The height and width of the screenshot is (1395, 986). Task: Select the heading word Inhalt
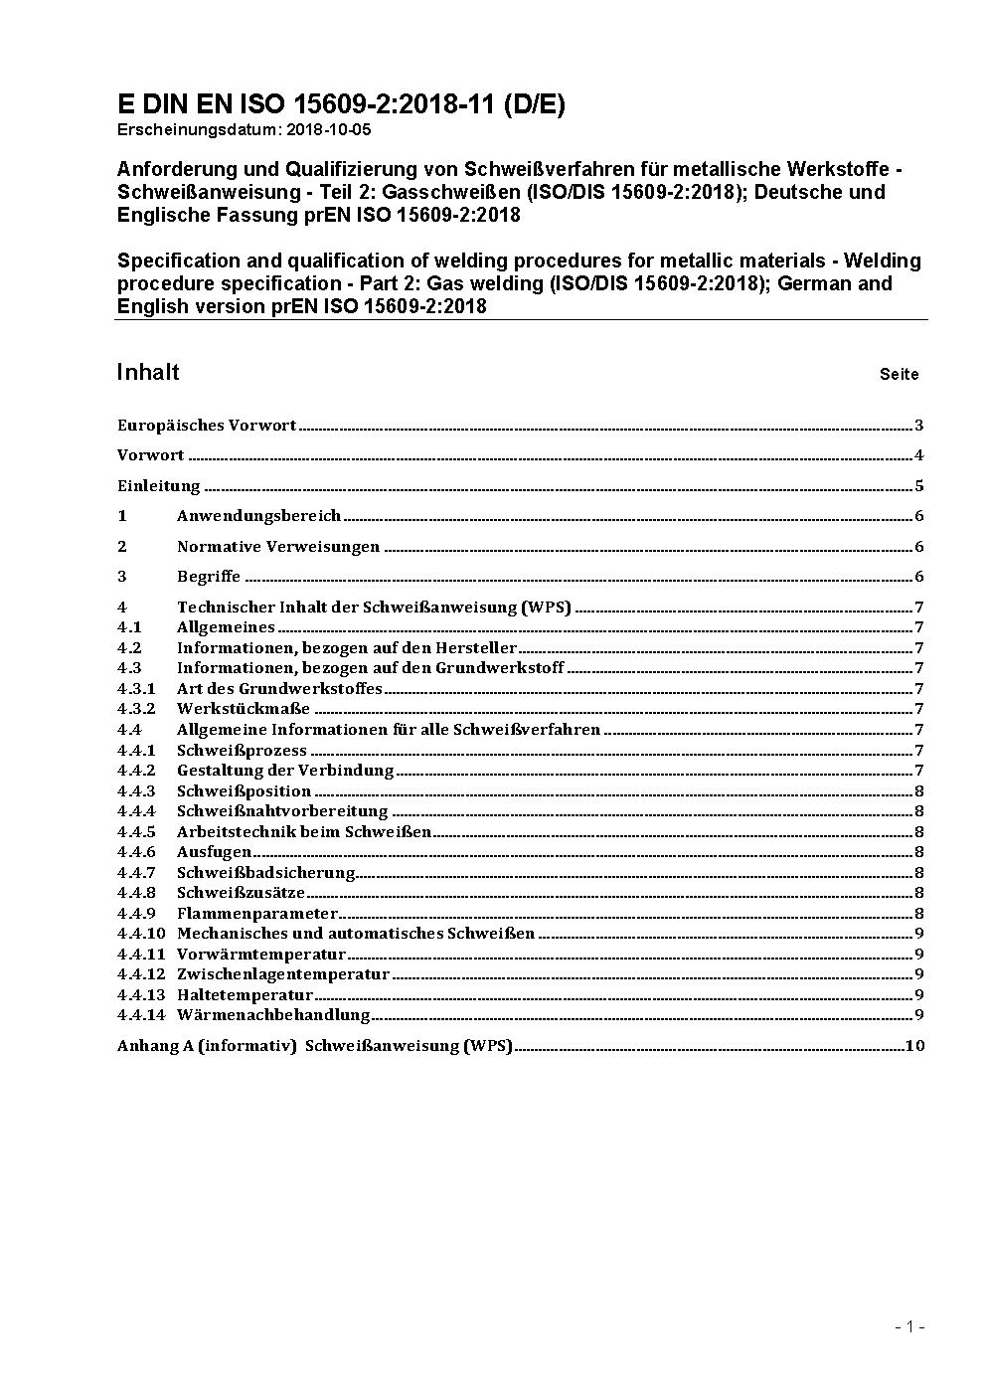click(148, 372)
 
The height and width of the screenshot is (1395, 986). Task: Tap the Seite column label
click(899, 375)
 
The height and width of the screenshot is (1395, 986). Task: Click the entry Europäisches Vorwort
click(207, 426)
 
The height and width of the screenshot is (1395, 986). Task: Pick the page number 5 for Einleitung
click(919, 486)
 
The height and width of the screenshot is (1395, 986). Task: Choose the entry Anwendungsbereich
click(258, 516)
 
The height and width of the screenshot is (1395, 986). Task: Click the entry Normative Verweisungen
click(278, 547)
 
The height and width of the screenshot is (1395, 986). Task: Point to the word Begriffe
click(209, 577)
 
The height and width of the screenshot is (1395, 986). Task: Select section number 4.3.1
click(136, 688)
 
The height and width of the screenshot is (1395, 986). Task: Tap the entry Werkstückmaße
click(244, 709)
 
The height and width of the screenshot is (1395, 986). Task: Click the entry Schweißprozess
click(242, 751)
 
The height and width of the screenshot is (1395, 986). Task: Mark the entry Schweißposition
click(244, 791)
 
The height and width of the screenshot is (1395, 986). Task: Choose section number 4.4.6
click(136, 852)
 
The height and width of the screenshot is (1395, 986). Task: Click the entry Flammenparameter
click(257, 914)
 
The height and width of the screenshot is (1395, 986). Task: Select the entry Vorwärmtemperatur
click(261, 955)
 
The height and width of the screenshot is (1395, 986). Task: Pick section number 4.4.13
click(140, 995)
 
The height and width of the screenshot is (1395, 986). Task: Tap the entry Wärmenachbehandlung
click(273, 1015)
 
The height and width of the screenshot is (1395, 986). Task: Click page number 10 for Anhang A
click(914, 1046)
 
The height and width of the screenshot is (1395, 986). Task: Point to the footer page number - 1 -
click(909, 1326)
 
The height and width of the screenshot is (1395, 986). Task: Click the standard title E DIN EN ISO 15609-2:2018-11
click(341, 104)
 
